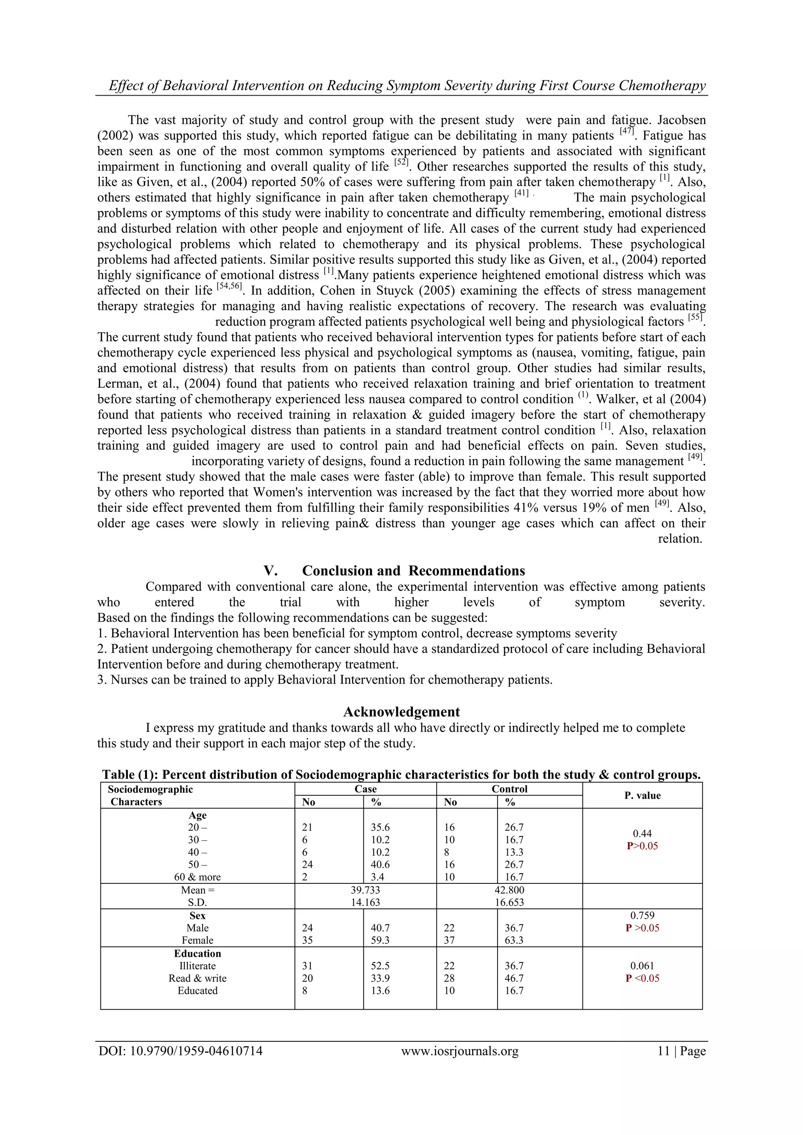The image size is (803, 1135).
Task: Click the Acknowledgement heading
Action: (x=401, y=712)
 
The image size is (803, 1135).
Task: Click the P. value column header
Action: (x=642, y=795)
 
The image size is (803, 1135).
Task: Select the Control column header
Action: (x=509, y=789)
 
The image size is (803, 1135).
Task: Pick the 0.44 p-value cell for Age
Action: (x=642, y=834)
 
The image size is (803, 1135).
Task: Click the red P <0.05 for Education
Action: (x=642, y=978)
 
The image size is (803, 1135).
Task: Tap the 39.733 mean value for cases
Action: (x=365, y=890)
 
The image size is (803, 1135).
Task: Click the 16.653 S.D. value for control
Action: (x=509, y=902)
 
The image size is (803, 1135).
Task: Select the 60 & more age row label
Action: (x=197, y=877)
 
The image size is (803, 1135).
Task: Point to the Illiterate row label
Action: (x=197, y=965)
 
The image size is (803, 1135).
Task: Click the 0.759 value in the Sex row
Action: (x=642, y=915)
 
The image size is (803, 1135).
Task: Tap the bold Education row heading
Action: (x=197, y=953)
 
